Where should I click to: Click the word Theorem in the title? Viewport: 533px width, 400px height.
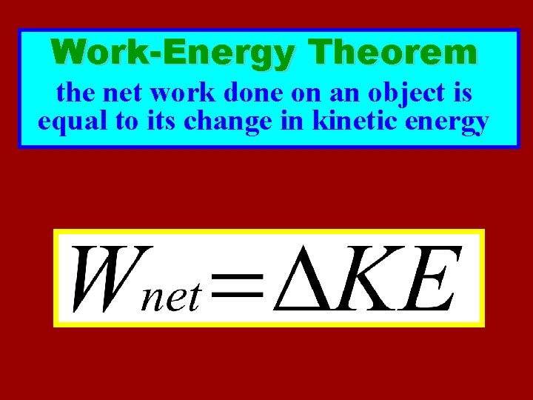coord(395,53)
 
